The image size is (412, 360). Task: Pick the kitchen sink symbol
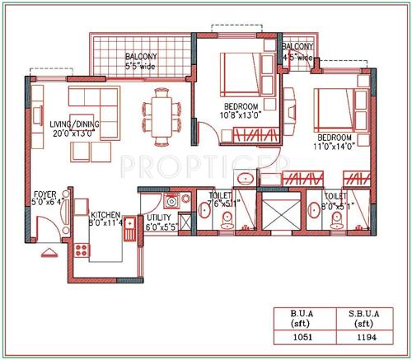tap(129, 227)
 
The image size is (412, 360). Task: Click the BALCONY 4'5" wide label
tap(297, 52)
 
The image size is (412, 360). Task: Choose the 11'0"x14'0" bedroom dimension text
tap(335, 146)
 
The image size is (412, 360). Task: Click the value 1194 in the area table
tap(362, 336)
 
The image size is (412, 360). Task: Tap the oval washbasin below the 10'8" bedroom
tap(245, 179)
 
